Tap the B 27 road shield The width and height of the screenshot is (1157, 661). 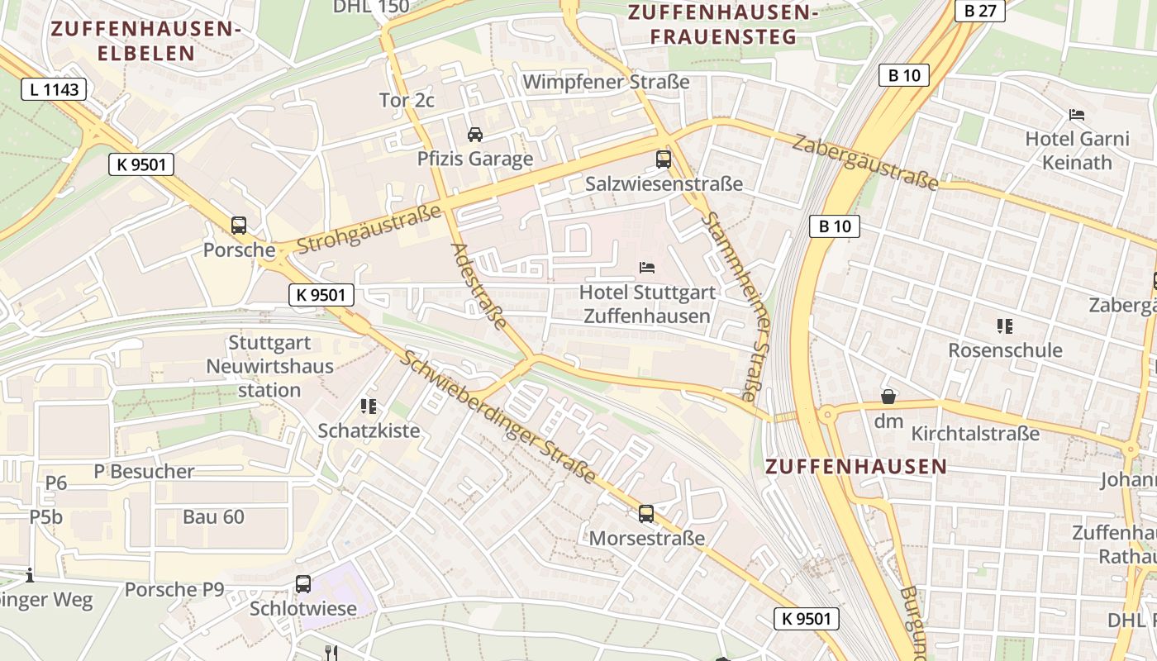pos(980,10)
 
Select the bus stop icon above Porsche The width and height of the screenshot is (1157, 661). pos(239,225)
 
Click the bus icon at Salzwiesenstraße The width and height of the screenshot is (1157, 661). pos(664,159)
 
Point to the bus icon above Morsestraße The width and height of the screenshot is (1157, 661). pos(646,514)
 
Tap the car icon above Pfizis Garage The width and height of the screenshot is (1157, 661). pos(475,134)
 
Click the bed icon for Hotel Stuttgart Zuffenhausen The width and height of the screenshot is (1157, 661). pos(647,268)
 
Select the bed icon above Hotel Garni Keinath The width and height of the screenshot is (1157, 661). pos(1077,114)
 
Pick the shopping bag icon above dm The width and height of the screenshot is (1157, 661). pos(888,397)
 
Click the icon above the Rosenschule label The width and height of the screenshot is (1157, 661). pos(1005,326)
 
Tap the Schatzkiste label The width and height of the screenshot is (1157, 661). pos(369,430)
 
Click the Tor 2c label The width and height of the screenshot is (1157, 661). pos(407,100)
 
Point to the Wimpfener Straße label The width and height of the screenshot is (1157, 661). pos(606,82)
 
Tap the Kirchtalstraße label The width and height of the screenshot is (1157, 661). pos(975,433)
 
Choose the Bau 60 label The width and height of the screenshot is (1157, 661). pos(213,517)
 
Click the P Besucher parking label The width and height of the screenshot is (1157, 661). pos(144,472)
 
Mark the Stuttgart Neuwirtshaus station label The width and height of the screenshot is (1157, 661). pos(269,366)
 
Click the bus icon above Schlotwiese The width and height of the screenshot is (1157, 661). pos(303,584)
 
